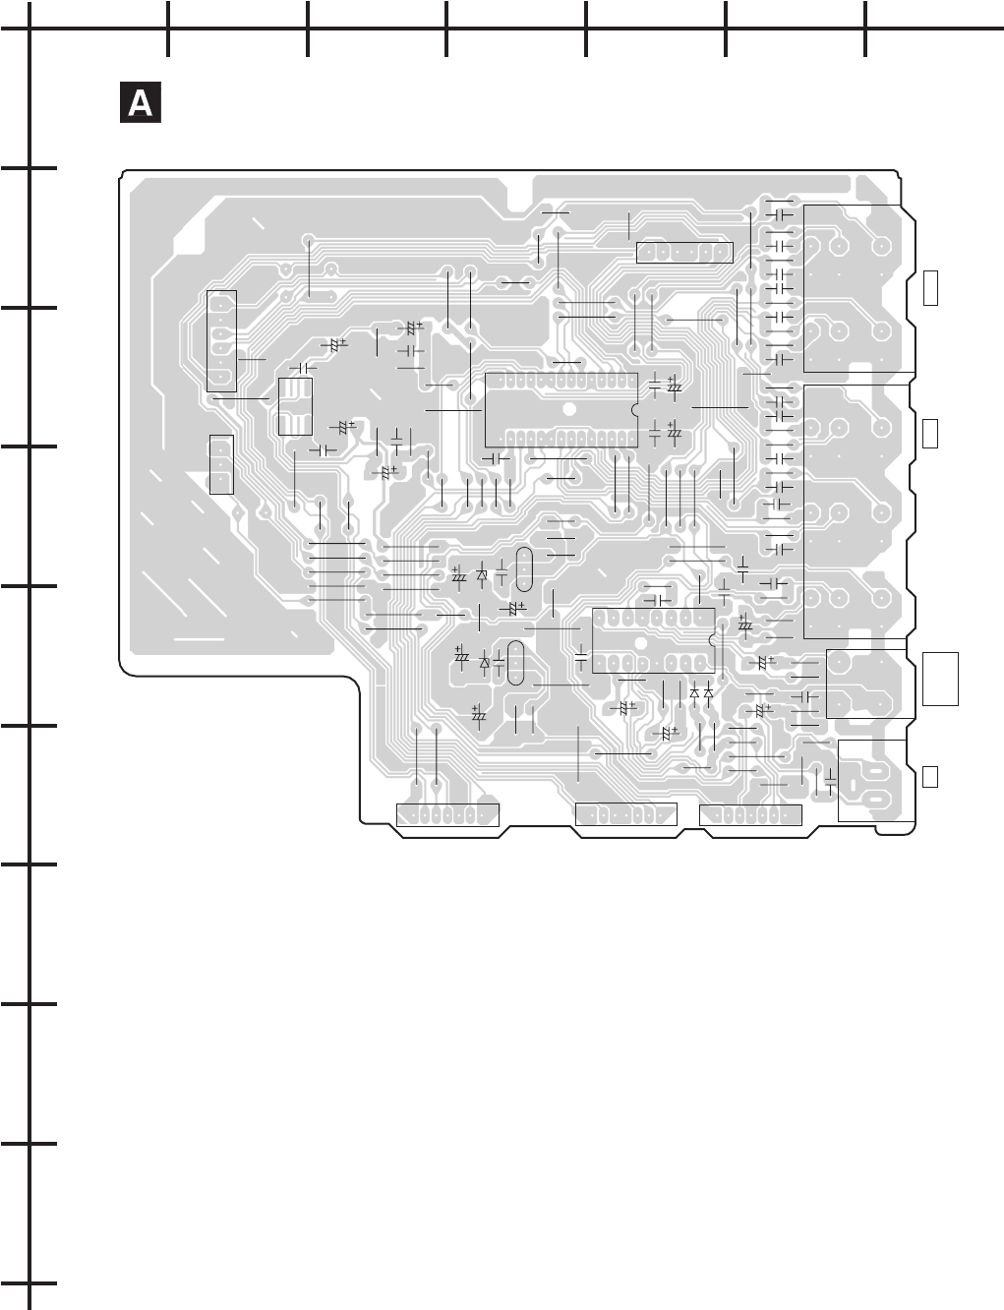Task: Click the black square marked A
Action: (x=141, y=103)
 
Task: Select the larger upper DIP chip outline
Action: (x=561, y=410)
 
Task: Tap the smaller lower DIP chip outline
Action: (x=653, y=640)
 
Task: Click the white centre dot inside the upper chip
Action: (x=569, y=410)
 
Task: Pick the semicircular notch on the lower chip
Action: (x=711, y=640)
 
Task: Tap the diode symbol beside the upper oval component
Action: (x=482, y=574)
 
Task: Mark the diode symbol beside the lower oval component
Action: (x=484, y=663)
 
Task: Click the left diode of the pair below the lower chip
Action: (x=694, y=692)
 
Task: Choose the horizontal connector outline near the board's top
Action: (x=684, y=252)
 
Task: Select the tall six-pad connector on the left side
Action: (x=222, y=340)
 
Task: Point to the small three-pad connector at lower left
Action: (x=221, y=463)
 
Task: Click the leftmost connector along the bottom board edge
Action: (x=447, y=814)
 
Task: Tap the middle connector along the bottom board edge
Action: (x=625, y=814)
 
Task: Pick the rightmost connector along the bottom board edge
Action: (x=750, y=814)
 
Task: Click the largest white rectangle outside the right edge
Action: (x=941, y=678)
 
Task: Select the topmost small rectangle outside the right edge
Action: (x=931, y=286)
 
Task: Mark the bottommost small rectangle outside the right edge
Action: (x=930, y=775)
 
